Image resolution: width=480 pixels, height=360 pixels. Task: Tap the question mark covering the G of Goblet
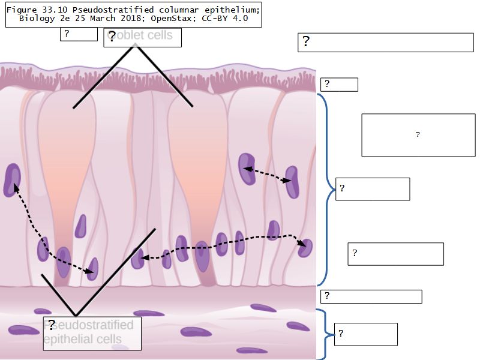[112, 37]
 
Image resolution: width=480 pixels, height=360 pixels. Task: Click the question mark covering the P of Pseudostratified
[52, 325]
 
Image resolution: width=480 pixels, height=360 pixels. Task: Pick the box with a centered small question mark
[418, 135]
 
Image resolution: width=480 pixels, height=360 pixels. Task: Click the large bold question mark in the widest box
[306, 41]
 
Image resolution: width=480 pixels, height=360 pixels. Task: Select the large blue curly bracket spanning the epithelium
[325, 190]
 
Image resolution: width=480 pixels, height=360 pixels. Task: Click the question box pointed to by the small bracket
[365, 334]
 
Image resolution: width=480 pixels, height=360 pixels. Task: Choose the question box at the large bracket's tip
[372, 189]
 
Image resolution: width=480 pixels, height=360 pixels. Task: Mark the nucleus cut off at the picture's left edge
[11, 180]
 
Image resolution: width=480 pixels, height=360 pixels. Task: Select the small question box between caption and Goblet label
[79, 34]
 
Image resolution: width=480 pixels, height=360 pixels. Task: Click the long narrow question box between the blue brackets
[371, 296]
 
